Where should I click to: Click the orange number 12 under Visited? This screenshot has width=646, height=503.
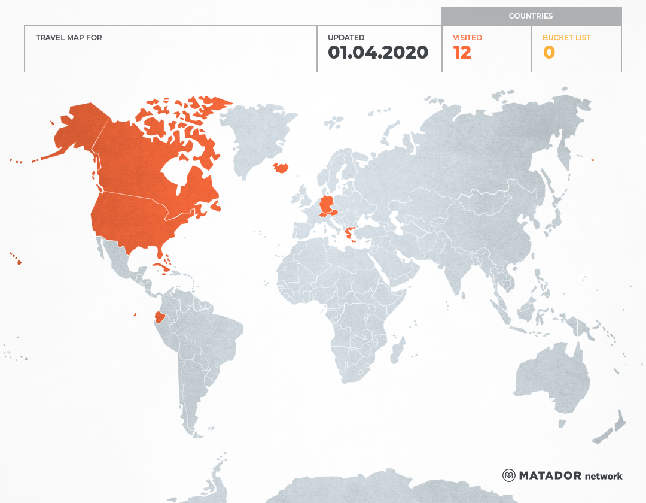[x=462, y=53]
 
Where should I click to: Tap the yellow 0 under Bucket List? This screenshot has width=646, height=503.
[x=549, y=53]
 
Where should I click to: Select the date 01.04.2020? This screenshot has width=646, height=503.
[x=378, y=53]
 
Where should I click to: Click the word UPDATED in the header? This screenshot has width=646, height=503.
[x=346, y=37]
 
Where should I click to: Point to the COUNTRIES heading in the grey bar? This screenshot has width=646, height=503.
[x=531, y=16]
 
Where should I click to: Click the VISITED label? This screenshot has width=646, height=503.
[x=467, y=37]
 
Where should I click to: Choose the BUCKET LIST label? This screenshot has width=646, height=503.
[x=566, y=37]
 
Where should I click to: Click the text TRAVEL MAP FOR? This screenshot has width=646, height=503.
[x=69, y=37]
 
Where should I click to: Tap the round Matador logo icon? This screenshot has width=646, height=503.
[x=508, y=475]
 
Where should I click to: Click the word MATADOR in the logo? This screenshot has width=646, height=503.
[x=550, y=475]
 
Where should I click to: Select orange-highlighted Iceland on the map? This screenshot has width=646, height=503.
[x=281, y=168]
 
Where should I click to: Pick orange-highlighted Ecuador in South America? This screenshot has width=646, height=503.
[x=159, y=316]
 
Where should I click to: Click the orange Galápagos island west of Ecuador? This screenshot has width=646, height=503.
[x=135, y=314]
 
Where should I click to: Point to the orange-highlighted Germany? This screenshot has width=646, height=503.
[x=327, y=204]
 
